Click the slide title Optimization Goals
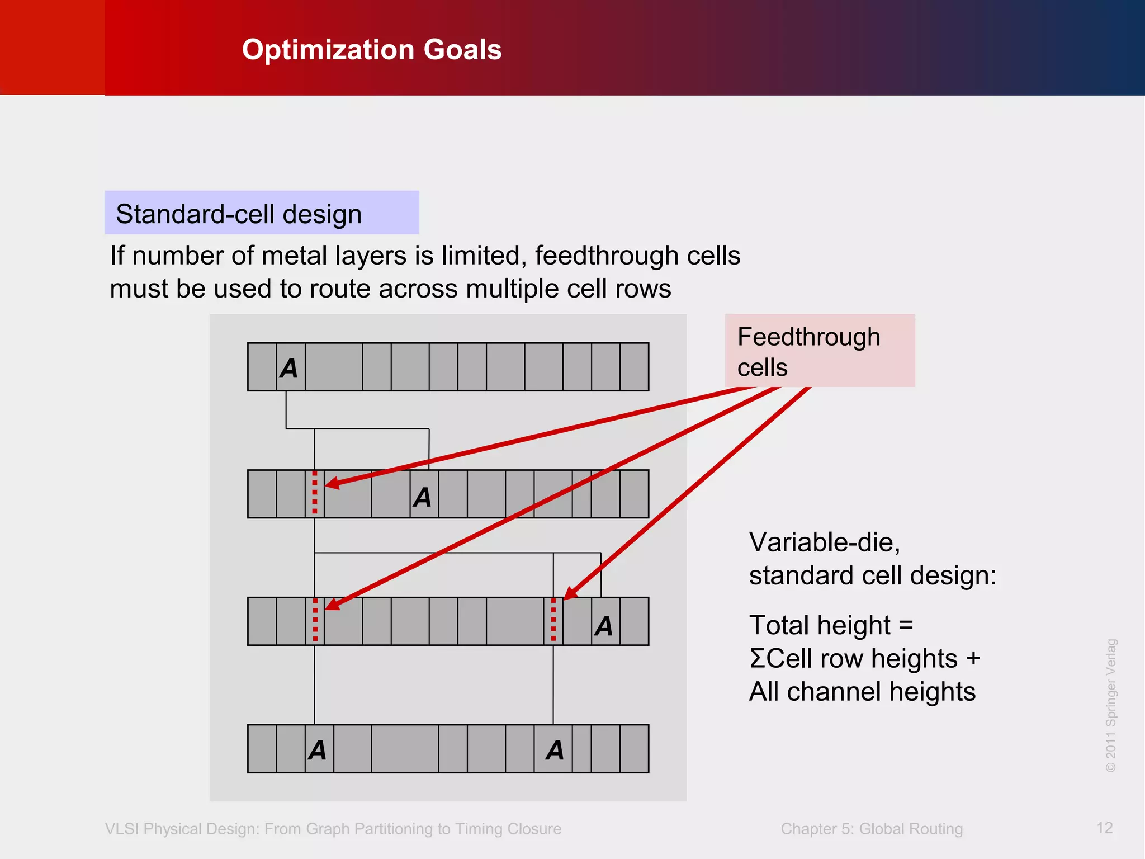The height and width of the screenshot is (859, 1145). pos(372,50)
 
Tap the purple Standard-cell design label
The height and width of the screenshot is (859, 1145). pos(261,213)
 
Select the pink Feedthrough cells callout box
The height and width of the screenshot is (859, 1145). pos(819,351)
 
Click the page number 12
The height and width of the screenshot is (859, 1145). pos(1104,828)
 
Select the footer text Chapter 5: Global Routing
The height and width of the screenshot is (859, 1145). pos(871,829)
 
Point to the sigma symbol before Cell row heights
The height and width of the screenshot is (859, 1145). pos(757,659)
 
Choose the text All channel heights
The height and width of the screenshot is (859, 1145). pos(862,692)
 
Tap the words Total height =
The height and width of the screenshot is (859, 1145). pos(831,625)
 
